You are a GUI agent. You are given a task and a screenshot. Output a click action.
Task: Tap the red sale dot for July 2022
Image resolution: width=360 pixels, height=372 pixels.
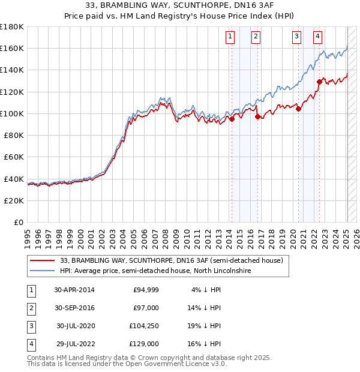(x=319, y=82)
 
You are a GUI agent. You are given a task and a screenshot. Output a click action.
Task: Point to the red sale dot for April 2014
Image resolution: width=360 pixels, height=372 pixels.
(x=232, y=119)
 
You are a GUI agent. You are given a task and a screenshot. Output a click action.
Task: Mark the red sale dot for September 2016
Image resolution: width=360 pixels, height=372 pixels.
(x=257, y=117)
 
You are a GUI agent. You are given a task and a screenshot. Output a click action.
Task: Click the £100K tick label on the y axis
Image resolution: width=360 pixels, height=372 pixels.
(x=12, y=113)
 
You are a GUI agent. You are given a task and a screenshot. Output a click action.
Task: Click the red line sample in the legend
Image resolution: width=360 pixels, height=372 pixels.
(x=42, y=260)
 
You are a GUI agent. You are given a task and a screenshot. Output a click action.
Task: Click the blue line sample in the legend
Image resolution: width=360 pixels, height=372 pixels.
(x=42, y=271)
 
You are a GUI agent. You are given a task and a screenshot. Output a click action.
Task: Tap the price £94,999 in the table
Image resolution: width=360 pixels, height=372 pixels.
(x=146, y=290)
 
